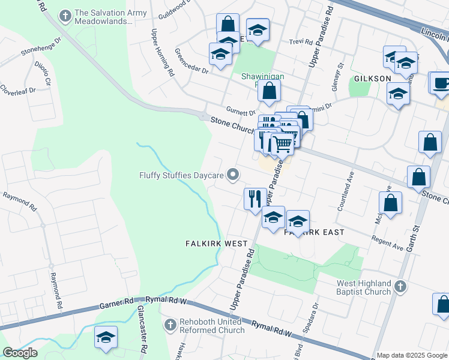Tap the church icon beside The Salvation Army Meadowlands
[x=65, y=13]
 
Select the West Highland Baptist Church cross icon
[x=400, y=287]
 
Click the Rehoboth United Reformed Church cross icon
[x=170, y=325]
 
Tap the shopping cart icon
[x=282, y=144]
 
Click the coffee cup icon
[x=441, y=82]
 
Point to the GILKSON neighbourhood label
[x=372, y=79]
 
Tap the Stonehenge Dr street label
[x=41, y=46]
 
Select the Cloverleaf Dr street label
[x=17, y=89]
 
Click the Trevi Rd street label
[x=301, y=42]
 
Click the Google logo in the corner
[x=20, y=352]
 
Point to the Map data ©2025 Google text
[x=412, y=355]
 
